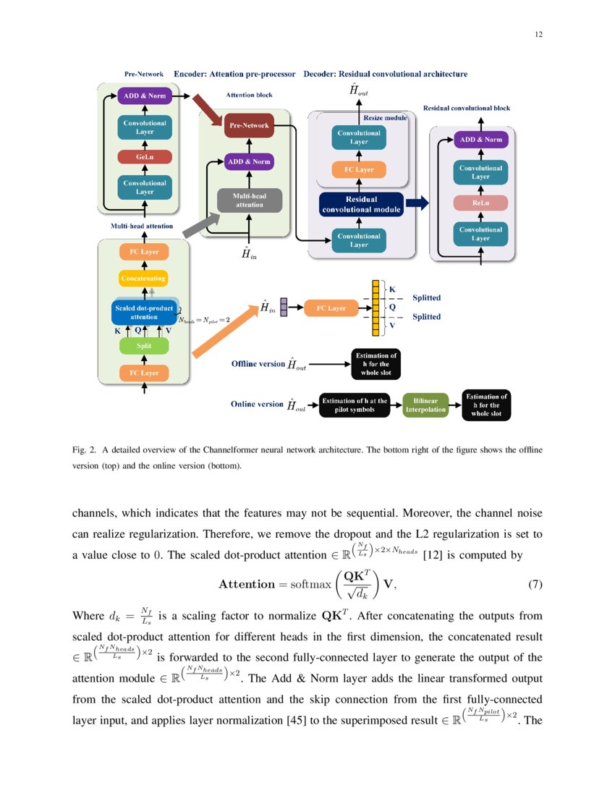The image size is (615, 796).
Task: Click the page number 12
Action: pyautogui.click(x=538, y=35)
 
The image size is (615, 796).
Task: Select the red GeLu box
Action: pyautogui.click(x=143, y=157)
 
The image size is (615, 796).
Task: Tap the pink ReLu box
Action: pyautogui.click(x=480, y=203)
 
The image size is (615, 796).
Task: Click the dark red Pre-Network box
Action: pyautogui.click(x=249, y=126)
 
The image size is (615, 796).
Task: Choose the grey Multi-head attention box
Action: pyautogui.click(x=249, y=200)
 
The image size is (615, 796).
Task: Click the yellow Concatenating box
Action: pyautogui.click(x=143, y=278)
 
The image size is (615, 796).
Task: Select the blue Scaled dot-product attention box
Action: pyautogui.click(x=143, y=312)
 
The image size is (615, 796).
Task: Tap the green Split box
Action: pyautogui.click(x=143, y=347)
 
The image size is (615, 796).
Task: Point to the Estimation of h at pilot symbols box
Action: pyautogui.click(x=354, y=405)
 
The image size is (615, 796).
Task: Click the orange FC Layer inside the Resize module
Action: pyautogui.click(x=359, y=170)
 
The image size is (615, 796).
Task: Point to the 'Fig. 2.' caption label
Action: pyautogui.click(x=84, y=449)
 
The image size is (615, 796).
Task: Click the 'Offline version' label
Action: pyautogui.click(x=258, y=363)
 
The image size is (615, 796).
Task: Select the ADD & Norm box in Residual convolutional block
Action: pyautogui.click(x=480, y=140)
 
